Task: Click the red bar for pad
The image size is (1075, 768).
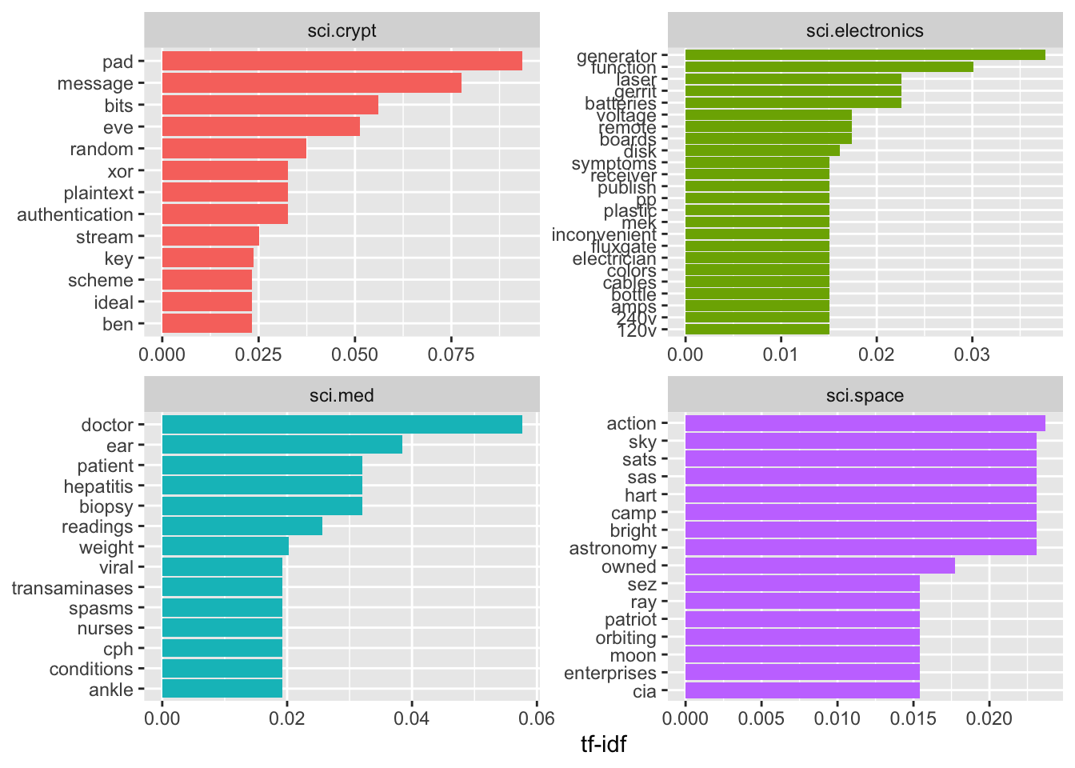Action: tap(342, 62)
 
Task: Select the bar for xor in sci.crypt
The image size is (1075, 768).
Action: tap(225, 170)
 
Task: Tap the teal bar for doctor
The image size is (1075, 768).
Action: tap(342, 425)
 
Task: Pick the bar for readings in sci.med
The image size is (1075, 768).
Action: tap(242, 526)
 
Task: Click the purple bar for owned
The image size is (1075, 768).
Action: tap(820, 566)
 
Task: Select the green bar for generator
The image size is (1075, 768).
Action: tap(865, 55)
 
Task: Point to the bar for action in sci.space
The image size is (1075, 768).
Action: tap(865, 423)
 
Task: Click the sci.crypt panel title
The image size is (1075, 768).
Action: tap(342, 31)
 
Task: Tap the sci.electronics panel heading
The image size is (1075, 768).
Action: tap(865, 31)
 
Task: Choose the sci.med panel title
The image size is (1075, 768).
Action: tap(342, 395)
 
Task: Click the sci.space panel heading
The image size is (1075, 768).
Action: tap(865, 395)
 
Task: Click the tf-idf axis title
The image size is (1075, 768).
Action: tap(603, 745)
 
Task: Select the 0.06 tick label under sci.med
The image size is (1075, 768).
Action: tap(536, 718)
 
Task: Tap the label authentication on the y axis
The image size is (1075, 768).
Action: tap(75, 214)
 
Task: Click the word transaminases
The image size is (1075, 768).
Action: tap(72, 588)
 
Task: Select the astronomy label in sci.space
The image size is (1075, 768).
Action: tap(613, 549)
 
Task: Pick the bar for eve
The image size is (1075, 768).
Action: tap(261, 127)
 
